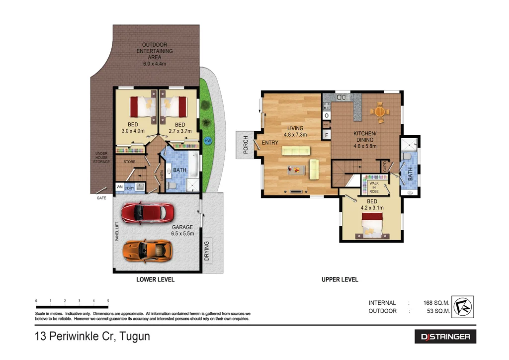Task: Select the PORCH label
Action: click(246, 145)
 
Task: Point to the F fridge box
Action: click(327, 135)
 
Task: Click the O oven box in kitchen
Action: click(327, 116)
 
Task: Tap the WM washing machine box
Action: click(119, 187)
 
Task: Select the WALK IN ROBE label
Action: click(374, 187)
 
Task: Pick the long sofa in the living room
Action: click(295, 151)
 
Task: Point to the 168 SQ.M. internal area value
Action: click(436, 302)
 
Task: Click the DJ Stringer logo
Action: click(445, 337)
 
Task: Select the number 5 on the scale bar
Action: click(108, 301)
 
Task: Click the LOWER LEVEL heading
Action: click(155, 279)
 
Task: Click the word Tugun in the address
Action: click(133, 336)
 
